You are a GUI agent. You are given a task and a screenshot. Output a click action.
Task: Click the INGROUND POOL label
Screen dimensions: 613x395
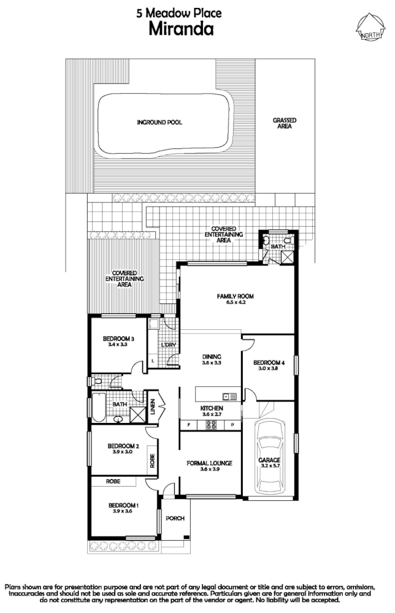(159, 123)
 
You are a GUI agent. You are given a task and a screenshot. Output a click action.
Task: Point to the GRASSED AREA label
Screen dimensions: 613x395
(285, 123)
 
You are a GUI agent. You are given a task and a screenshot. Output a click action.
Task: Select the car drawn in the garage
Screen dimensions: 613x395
(269, 450)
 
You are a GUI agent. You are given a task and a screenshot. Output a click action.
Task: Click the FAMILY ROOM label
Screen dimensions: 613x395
(235, 297)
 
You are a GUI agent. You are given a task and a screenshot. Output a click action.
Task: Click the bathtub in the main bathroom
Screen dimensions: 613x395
(99, 405)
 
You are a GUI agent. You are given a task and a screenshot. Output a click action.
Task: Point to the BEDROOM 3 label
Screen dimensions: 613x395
(118, 340)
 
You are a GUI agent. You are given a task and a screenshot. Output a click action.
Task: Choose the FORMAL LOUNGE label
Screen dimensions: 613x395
(210, 463)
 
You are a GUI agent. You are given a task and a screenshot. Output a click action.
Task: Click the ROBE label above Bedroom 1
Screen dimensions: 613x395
(112, 482)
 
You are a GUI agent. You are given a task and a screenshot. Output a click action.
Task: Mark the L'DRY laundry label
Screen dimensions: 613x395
(169, 345)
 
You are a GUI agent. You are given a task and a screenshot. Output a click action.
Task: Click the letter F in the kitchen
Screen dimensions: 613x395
(188, 425)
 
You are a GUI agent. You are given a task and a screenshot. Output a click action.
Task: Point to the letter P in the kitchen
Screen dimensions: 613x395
(232, 425)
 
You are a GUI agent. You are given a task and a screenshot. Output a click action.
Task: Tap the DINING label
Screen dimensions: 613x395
(212, 357)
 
